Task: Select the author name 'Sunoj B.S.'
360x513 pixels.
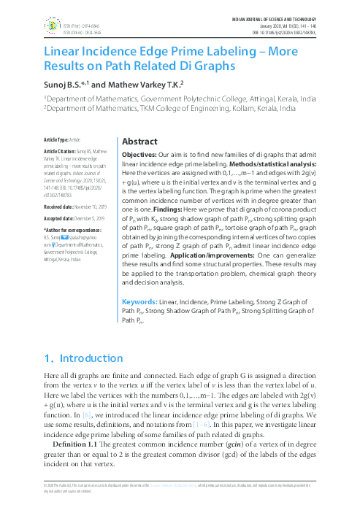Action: pyautogui.click(x=64, y=84)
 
